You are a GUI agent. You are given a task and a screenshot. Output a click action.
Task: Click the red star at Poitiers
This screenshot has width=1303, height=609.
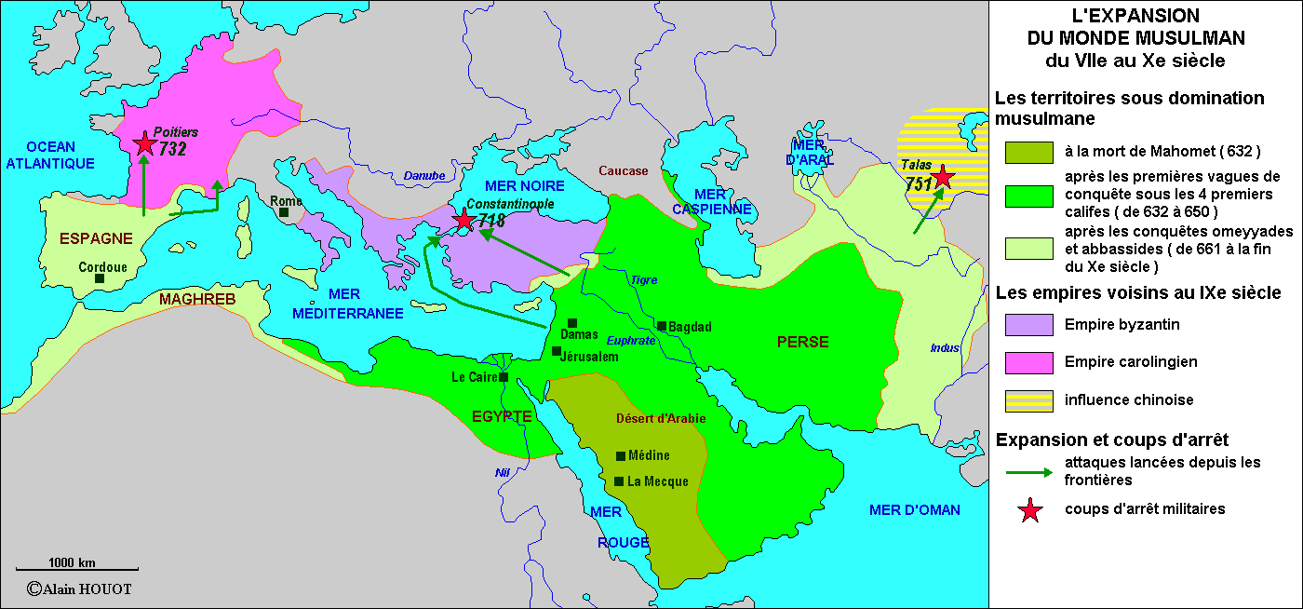tap(144, 143)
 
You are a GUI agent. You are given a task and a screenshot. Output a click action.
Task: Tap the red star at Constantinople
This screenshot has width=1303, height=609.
tap(463, 220)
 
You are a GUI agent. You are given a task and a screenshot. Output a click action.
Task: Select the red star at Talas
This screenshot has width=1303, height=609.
tap(943, 177)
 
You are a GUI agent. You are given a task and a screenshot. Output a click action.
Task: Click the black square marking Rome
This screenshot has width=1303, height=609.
tap(284, 212)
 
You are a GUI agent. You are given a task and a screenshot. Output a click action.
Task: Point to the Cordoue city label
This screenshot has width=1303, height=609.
tap(102, 267)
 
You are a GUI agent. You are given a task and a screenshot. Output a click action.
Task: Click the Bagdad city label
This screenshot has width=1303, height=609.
tap(690, 327)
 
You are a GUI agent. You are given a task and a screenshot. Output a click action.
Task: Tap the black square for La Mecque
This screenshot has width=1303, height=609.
tap(619, 481)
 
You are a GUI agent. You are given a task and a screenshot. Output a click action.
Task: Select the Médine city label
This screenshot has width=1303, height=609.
tap(649, 456)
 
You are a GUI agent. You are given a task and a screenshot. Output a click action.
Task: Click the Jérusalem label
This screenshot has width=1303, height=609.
tap(589, 357)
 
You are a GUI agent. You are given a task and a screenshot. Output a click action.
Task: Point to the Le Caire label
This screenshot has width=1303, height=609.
tap(474, 377)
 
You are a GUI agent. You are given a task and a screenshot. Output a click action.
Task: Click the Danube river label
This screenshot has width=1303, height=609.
tap(424, 176)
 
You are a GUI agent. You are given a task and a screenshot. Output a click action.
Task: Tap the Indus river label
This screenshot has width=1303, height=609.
tap(945, 348)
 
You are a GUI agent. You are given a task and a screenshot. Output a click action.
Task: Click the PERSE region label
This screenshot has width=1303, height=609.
tap(802, 342)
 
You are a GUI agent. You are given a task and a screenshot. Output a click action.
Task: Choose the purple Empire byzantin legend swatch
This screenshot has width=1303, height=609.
tap(1028, 324)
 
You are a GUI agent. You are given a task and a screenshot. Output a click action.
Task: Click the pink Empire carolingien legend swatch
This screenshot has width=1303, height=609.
tap(1028, 362)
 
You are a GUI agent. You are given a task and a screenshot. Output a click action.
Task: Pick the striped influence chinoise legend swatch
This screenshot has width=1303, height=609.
tap(1028, 400)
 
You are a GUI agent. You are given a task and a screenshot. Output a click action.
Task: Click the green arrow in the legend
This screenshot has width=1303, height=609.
tap(1028, 471)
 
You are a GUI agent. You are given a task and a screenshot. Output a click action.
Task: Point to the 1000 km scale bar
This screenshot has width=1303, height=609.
tap(78, 569)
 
